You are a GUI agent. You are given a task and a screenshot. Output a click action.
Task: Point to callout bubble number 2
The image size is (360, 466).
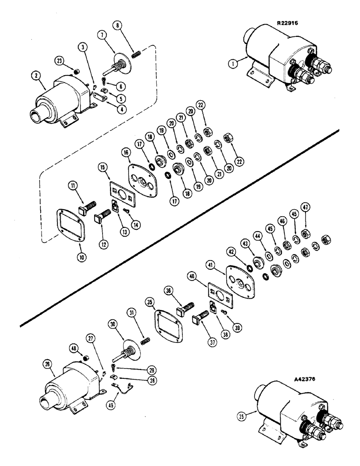pos(35,75)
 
